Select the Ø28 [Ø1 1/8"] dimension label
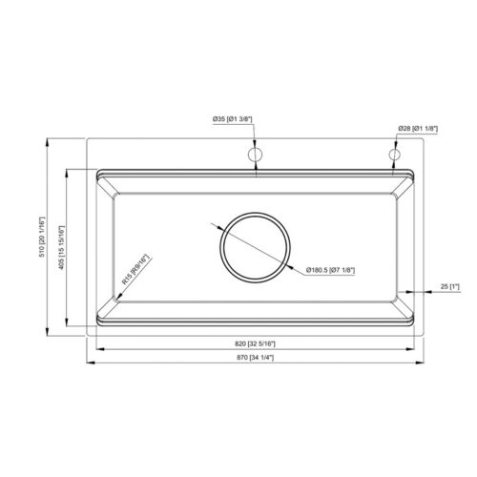click(419, 127)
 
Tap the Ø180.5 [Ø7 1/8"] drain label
click(330, 271)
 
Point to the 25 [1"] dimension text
click(450, 286)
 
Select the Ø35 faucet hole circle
click(255, 155)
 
